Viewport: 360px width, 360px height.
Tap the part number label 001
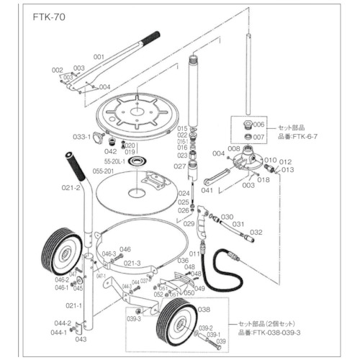coord(99,56)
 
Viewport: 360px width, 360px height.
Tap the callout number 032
coord(256,232)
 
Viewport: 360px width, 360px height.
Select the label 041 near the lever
coord(207,190)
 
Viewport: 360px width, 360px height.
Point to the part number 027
coord(181,166)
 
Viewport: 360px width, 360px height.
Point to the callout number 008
coord(234,148)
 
